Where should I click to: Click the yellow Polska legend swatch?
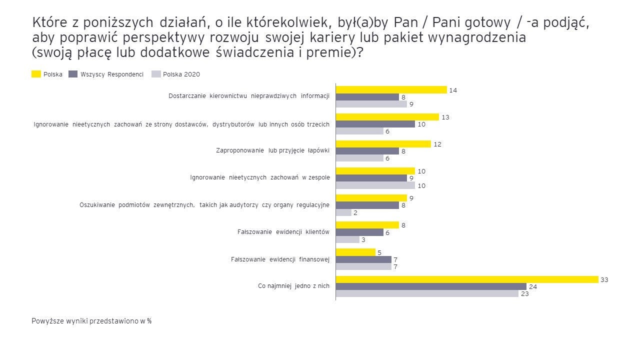[x=36, y=74]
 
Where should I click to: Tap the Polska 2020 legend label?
[x=181, y=74]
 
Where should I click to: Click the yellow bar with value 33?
[x=467, y=279]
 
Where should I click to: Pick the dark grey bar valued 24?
[x=431, y=286]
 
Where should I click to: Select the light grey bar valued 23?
[x=427, y=294]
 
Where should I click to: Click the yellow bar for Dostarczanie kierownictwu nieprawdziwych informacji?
[x=391, y=90]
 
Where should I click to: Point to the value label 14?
[x=453, y=90]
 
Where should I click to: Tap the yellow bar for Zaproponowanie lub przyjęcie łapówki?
[x=383, y=144]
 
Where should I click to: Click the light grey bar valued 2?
[x=343, y=212]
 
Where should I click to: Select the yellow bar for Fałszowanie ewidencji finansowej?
[x=355, y=252]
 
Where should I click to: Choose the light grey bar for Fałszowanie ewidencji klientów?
[x=347, y=239]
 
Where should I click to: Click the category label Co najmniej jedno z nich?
[x=293, y=286]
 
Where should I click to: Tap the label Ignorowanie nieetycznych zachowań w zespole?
[x=259, y=178]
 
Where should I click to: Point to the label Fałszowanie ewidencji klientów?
[x=283, y=232]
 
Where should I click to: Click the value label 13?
[x=445, y=117]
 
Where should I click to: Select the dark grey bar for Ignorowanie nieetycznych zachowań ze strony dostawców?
[x=375, y=124]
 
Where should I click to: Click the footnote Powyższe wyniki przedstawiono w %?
[x=91, y=321]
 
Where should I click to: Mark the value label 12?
[x=437, y=144]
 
